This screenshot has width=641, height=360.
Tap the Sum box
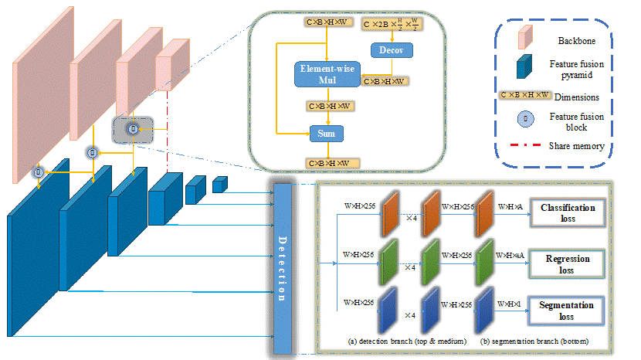click(327, 133)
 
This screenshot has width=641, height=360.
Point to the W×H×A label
click(510, 207)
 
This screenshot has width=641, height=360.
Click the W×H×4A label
click(512, 255)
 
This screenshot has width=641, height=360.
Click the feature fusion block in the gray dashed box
click(132, 128)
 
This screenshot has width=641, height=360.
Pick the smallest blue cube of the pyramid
click(220, 183)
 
